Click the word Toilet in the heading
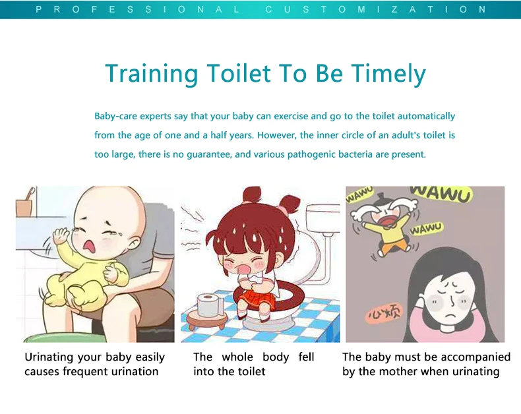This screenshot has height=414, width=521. point(239,73)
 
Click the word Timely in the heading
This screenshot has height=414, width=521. point(388,74)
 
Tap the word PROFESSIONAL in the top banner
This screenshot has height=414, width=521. point(138,9)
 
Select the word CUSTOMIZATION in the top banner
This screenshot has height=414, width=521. point(376,9)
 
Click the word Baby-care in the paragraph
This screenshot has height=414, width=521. point(115,116)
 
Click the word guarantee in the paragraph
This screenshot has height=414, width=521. point(208,154)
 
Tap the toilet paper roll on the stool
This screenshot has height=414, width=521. point(210,305)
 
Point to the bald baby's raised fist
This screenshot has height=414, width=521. point(61,235)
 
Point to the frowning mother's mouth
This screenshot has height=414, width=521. point(450,314)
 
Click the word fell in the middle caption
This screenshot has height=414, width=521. point(306,357)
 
